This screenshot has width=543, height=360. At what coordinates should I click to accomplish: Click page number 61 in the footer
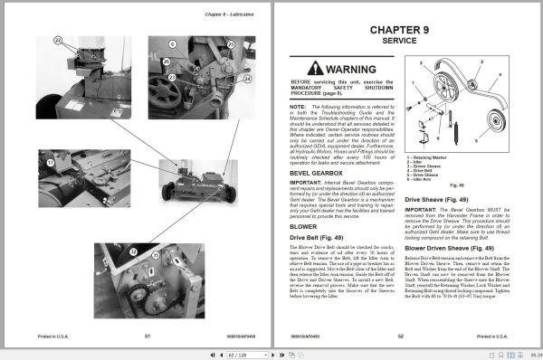coord(147,334)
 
